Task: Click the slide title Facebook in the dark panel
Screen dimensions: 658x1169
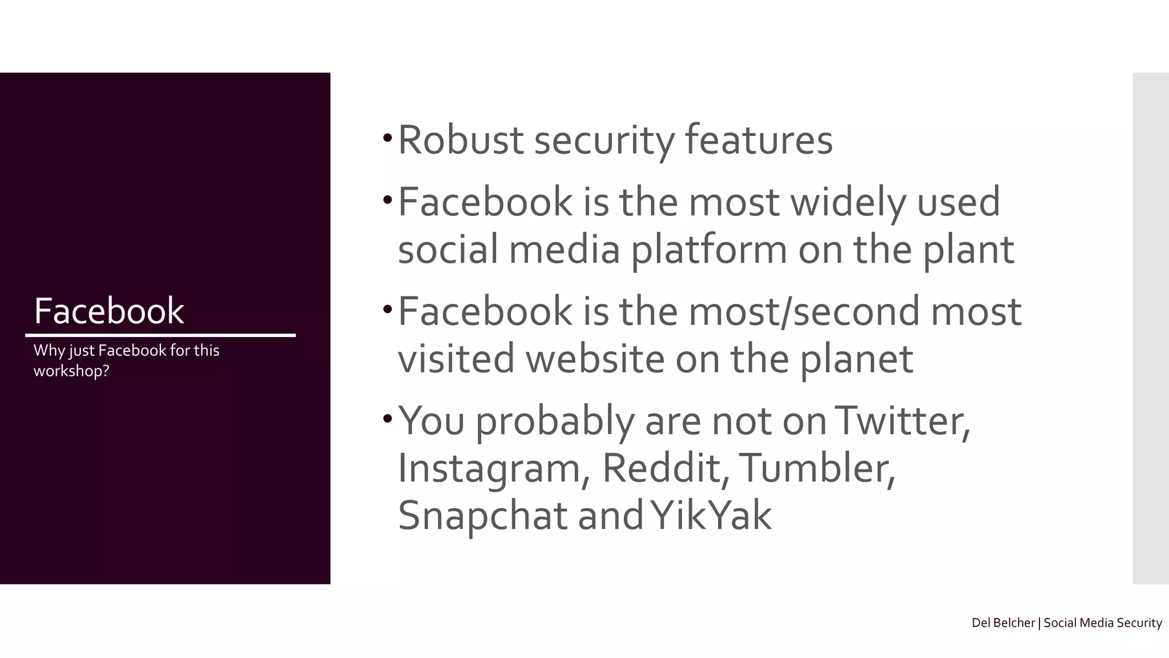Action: point(109,311)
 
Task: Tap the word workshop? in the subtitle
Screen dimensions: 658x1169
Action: point(71,371)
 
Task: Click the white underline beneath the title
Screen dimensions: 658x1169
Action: point(160,335)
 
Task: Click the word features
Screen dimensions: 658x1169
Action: point(759,140)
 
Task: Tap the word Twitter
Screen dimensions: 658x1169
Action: point(902,421)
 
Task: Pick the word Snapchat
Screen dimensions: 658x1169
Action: point(483,516)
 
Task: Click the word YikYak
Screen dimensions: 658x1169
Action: point(711,515)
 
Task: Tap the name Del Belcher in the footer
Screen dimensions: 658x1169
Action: point(1003,623)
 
